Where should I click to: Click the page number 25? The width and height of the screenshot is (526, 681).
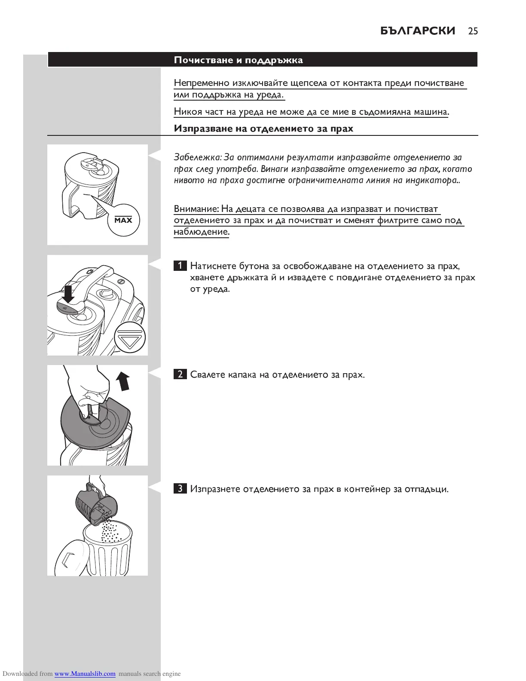(x=473, y=31)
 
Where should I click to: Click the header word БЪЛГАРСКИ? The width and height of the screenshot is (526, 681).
(x=418, y=31)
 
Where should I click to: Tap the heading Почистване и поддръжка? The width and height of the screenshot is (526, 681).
(x=238, y=60)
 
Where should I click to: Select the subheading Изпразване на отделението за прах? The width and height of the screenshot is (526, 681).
(x=263, y=129)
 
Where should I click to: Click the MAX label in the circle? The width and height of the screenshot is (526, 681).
(x=123, y=221)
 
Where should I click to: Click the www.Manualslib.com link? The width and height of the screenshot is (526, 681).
(x=85, y=674)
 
